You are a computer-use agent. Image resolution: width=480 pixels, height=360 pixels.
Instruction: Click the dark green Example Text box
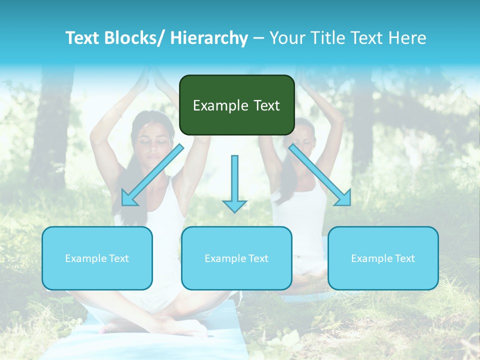tap(236, 105)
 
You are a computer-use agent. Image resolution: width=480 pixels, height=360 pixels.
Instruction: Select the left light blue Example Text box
tap(97, 258)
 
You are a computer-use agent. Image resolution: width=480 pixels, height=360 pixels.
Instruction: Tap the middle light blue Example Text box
tap(236, 258)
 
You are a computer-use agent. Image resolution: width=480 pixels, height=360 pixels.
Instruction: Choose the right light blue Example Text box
tap(383, 258)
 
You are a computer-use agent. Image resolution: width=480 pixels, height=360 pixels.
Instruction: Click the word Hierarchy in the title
tap(209, 38)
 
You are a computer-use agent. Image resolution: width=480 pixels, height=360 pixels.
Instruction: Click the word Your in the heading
tap(286, 38)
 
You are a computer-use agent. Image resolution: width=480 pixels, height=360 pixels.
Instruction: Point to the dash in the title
tap(258, 38)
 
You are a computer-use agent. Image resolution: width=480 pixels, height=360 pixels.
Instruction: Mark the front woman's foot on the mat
tap(115, 327)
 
